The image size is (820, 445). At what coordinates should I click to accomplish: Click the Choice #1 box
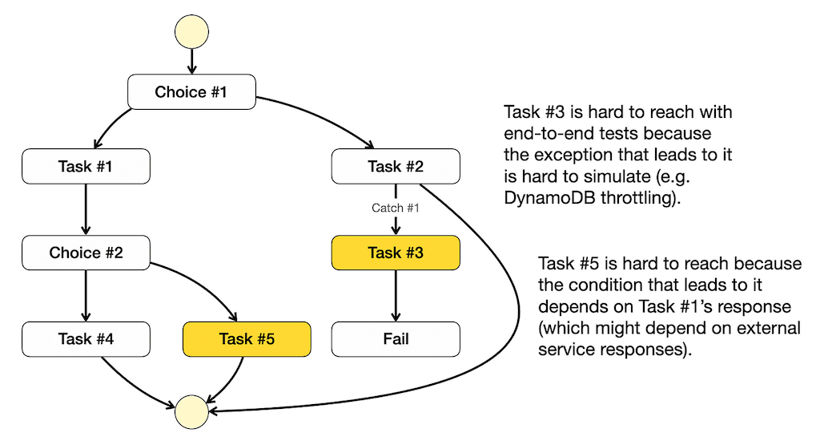(x=191, y=91)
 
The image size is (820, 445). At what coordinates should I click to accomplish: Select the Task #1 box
(x=86, y=167)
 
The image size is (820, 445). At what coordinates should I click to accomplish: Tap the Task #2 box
(x=396, y=167)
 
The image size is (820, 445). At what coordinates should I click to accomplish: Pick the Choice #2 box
(x=86, y=253)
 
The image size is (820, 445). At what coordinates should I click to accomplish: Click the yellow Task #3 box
(x=396, y=253)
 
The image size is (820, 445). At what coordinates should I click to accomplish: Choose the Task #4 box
(x=86, y=338)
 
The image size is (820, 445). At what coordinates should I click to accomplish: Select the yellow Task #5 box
(x=247, y=338)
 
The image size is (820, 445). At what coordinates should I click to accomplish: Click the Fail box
(x=396, y=338)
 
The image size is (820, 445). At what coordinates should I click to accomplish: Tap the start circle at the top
(x=191, y=31)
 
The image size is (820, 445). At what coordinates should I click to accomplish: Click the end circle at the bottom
(x=191, y=412)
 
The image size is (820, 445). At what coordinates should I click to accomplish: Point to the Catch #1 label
(x=396, y=208)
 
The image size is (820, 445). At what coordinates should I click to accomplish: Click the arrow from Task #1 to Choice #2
(x=86, y=209)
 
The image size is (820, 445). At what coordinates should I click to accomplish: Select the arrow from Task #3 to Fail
(x=396, y=296)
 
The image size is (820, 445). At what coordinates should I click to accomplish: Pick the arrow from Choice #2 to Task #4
(x=86, y=296)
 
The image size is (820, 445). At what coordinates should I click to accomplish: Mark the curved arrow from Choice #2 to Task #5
(x=202, y=283)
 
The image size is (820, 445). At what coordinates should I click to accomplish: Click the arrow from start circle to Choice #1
(x=191, y=61)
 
